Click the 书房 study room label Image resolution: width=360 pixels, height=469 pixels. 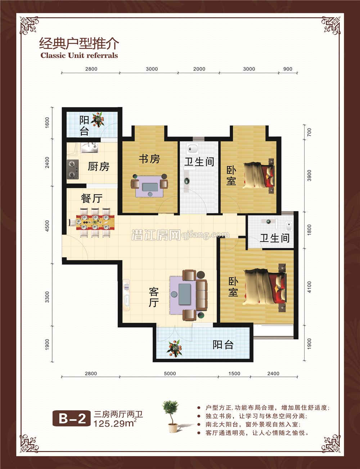[149, 158]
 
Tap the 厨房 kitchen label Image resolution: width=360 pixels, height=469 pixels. [98, 166]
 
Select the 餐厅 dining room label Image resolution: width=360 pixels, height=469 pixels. [92, 198]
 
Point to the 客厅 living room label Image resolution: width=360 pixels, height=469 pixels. [154, 297]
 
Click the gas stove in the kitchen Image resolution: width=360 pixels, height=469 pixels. [73, 169]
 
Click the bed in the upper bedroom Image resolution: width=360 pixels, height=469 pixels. [258, 175]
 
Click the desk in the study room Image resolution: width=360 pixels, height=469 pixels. [150, 187]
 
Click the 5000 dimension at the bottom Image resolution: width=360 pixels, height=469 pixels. [170, 374]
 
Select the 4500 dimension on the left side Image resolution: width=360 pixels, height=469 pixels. [47, 226]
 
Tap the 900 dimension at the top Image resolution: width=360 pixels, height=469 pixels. [288, 69]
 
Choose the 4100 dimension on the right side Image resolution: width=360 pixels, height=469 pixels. [310, 287]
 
